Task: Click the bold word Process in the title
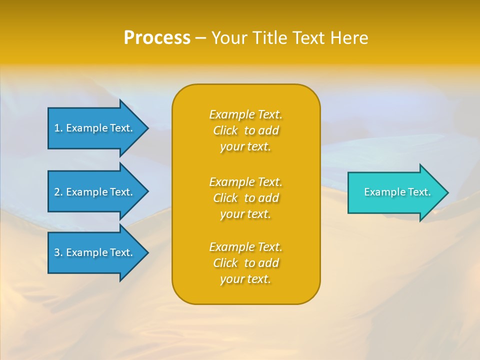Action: [157, 38]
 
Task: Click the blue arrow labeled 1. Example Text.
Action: [95, 128]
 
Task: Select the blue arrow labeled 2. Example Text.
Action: [95, 192]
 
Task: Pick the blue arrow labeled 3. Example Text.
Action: [95, 252]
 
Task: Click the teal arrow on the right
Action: [395, 192]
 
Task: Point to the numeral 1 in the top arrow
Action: [57, 128]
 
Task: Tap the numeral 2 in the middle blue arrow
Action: [57, 192]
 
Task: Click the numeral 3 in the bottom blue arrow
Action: [57, 252]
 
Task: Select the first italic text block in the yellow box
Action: [245, 130]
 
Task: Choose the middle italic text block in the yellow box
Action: [245, 198]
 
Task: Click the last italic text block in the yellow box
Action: [245, 263]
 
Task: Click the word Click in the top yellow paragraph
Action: [225, 131]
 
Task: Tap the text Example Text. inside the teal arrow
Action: [397, 192]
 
